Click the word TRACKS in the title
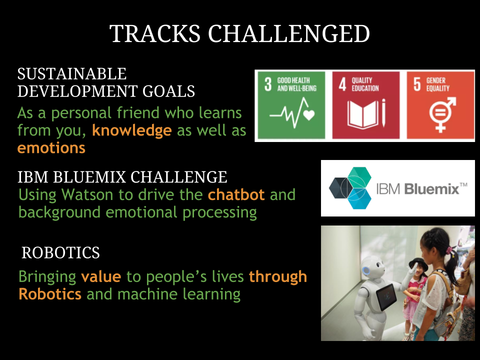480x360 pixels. coord(155,33)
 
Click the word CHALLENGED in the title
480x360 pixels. coord(289,33)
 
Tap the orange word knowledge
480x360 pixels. coord(132,130)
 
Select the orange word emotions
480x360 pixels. coord(51,148)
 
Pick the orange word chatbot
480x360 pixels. coord(236,194)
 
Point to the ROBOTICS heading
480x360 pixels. coord(60,252)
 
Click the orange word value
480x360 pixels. coord(101,276)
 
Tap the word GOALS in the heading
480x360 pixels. coord(168,91)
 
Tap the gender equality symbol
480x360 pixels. coord(442,114)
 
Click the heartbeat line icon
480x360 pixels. coord(292,113)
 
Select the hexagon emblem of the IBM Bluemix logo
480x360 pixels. coord(350,188)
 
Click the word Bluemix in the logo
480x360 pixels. coord(431,189)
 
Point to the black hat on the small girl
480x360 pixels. coord(418,262)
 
